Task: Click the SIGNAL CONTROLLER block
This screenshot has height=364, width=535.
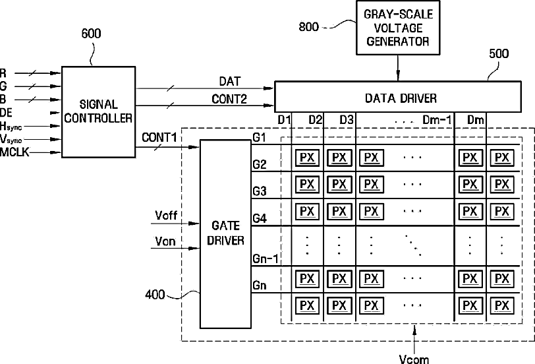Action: (x=98, y=111)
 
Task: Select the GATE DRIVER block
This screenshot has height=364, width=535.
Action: (x=225, y=234)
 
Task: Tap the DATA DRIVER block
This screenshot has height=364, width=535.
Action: (x=398, y=97)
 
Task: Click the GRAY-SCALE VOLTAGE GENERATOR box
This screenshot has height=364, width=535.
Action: (x=398, y=28)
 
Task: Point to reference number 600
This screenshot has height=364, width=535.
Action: (x=91, y=34)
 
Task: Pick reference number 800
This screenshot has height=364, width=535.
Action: (x=309, y=26)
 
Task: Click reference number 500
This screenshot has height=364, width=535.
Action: (x=499, y=53)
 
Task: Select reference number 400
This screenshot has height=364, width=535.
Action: (x=155, y=294)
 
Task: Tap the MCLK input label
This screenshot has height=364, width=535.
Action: (x=14, y=152)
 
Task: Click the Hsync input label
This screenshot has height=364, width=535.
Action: (x=11, y=127)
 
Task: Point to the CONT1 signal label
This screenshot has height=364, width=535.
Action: (x=159, y=138)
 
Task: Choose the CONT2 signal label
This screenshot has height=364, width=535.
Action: (x=229, y=99)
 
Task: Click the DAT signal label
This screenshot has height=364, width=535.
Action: (x=230, y=81)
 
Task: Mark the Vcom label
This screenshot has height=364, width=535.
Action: (x=414, y=359)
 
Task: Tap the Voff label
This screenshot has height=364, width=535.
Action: (x=166, y=216)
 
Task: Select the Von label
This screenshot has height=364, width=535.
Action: (x=165, y=241)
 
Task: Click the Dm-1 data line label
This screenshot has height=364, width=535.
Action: (x=437, y=120)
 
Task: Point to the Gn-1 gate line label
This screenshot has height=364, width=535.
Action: (x=266, y=259)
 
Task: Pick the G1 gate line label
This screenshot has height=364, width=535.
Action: (x=259, y=137)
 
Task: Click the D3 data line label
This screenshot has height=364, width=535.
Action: (x=347, y=120)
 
